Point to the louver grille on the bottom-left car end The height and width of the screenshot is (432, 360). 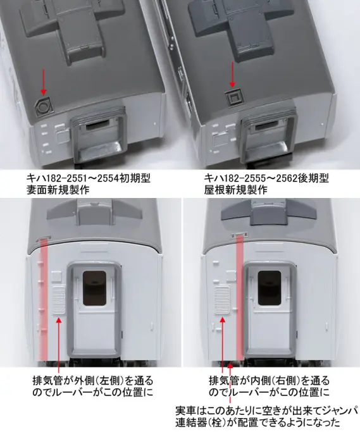(58, 299)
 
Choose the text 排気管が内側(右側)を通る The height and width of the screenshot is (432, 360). (270, 381)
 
